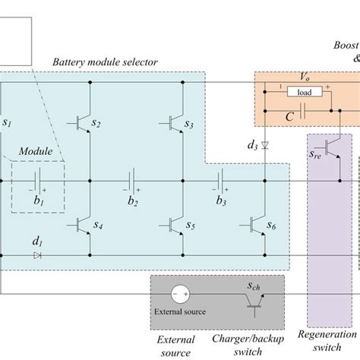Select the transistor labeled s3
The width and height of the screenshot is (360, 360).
pyautogui.click(x=173, y=123)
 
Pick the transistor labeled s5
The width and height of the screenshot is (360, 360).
pyautogui.click(x=173, y=225)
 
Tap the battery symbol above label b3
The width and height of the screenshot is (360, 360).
pyautogui.click(x=221, y=182)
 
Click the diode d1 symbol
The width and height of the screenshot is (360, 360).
pyautogui.click(x=36, y=255)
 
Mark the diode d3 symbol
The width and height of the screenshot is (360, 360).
pyautogui.click(x=264, y=144)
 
